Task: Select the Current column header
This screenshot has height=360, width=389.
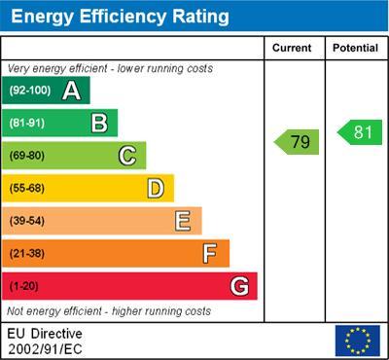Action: [x=292, y=48]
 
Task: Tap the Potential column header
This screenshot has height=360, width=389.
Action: [x=355, y=48]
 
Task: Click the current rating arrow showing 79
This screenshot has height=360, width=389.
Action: [x=297, y=142]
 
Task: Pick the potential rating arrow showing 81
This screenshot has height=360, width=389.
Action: [x=360, y=132]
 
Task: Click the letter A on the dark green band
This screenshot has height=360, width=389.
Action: [x=71, y=90]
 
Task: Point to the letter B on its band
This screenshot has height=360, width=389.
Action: [x=99, y=123]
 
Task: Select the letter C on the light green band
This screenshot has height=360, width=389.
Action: [x=127, y=156]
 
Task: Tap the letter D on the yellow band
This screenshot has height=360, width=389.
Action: [x=156, y=188]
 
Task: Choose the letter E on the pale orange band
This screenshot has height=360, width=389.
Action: [x=183, y=221]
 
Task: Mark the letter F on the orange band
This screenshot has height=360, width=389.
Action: [x=210, y=253]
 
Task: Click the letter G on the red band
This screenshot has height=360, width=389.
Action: [x=239, y=286]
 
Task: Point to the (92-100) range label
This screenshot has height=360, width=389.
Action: [x=28, y=90]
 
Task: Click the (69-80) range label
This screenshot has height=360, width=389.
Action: [x=27, y=156]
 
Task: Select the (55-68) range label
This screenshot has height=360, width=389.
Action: [x=27, y=188]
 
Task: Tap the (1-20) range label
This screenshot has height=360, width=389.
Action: [x=24, y=286]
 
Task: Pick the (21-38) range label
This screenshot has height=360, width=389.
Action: [x=27, y=253]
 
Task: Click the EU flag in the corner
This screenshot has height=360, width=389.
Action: [x=357, y=341]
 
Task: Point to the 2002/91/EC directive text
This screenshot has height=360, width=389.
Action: [x=46, y=348]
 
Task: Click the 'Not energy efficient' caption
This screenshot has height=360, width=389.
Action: [x=109, y=311]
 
